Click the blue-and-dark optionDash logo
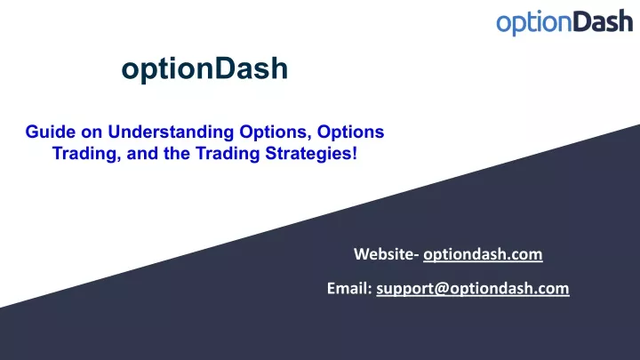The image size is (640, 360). (564, 22)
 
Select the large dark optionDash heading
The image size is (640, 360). (204, 68)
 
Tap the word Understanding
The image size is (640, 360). (171, 132)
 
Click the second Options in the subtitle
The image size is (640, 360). (350, 132)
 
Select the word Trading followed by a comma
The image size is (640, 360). (87, 154)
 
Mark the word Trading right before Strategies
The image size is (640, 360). (228, 154)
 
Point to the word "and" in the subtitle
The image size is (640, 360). (142, 154)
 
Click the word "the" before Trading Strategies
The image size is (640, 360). (177, 154)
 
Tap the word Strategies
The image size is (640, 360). (308, 154)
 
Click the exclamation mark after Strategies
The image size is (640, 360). (355, 154)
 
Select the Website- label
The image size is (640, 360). (386, 254)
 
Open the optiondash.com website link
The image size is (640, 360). (483, 254)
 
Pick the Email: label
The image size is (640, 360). (349, 288)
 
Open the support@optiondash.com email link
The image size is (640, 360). (473, 289)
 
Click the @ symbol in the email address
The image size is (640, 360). (441, 289)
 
